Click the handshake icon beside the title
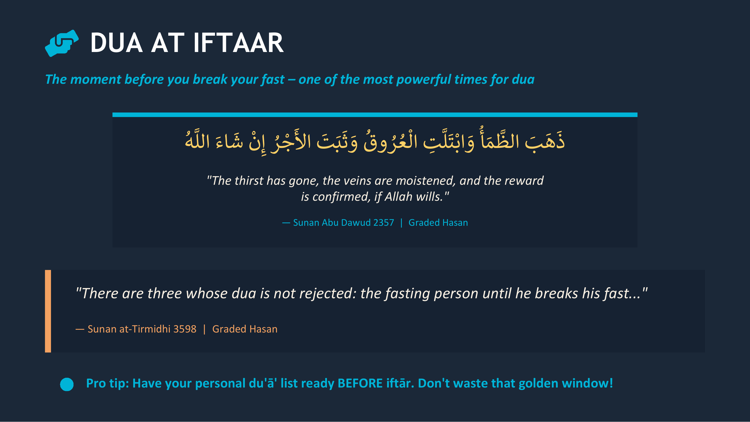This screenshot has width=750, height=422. coord(62,43)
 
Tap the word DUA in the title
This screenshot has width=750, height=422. coord(116,43)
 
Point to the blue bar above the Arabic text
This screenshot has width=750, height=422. coord(375,115)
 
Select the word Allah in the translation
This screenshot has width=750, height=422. coord(398,197)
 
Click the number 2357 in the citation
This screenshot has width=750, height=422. coord(383,223)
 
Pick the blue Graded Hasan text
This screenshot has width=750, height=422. coord(438,223)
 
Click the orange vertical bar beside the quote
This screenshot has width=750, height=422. coord(48,311)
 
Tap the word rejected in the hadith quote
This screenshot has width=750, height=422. coord(327,293)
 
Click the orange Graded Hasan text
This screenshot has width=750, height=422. coord(244,329)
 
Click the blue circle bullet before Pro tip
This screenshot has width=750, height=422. coord(67,384)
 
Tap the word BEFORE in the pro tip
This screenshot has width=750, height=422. coord(360,383)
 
